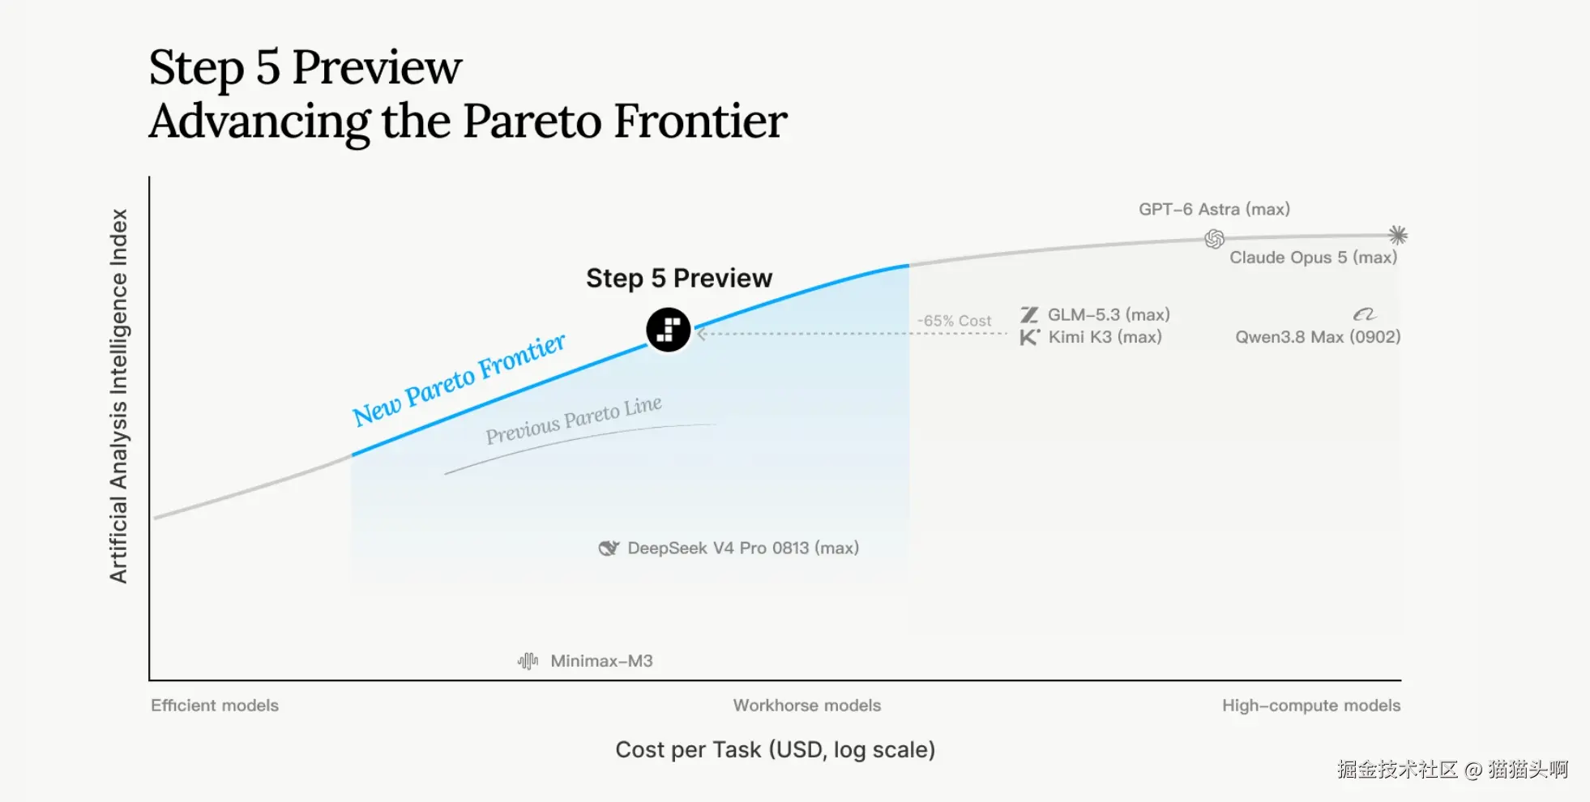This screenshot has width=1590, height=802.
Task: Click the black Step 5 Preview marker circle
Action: [x=669, y=330]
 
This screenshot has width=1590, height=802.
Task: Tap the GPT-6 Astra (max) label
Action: [x=1214, y=209]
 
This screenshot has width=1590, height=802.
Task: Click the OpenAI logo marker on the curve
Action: [x=1214, y=239]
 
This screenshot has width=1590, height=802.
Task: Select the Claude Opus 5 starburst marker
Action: [x=1398, y=235]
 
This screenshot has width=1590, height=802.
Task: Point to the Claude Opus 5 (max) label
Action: [x=1313, y=258]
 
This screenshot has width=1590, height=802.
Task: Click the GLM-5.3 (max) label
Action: [x=1109, y=314]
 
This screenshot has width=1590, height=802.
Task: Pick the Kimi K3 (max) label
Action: [x=1105, y=337]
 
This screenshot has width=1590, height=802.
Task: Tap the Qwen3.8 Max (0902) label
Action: [x=1318, y=337]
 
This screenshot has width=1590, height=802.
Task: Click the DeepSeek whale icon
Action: [x=609, y=548]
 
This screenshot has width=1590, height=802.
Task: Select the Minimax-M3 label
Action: [x=601, y=661]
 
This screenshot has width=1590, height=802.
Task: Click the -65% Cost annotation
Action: [x=954, y=321]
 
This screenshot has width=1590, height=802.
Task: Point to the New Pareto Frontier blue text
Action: [x=459, y=379]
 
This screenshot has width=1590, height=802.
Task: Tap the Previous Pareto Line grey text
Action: [x=574, y=420]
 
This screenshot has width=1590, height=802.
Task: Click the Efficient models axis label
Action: [x=215, y=706]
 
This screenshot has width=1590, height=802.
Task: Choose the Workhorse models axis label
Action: [x=807, y=706]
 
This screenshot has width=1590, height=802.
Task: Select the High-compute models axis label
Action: [x=1311, y=706]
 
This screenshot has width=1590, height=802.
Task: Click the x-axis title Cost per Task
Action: [x=776, y=749]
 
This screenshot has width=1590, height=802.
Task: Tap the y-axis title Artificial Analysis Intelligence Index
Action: [x=118, y=396]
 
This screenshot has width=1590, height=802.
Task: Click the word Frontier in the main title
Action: [x=700, y=122]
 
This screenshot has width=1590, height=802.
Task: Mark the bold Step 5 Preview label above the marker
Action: [x=679, y=278]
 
